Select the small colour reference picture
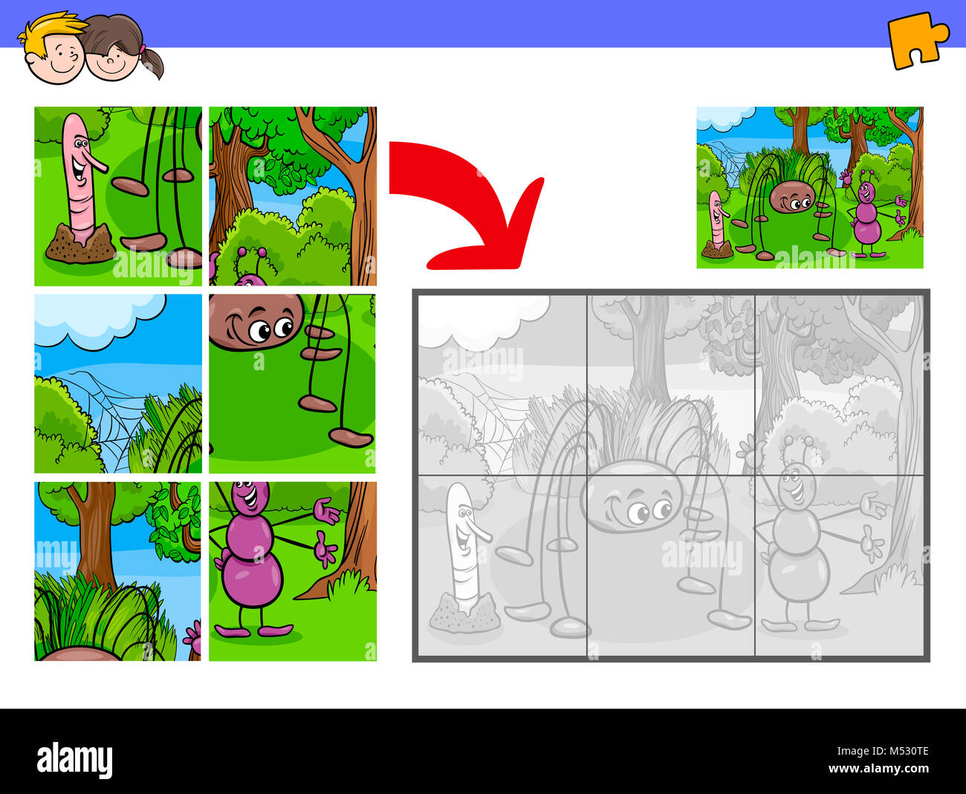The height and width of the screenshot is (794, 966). [809, 187]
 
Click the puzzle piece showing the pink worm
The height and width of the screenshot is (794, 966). [118, 196]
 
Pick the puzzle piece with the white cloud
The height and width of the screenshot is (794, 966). [118, 384]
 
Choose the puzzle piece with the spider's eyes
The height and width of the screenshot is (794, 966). [292, 384]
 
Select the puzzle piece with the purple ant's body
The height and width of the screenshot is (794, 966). [292, 571]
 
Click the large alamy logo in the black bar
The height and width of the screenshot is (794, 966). [74, 760]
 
